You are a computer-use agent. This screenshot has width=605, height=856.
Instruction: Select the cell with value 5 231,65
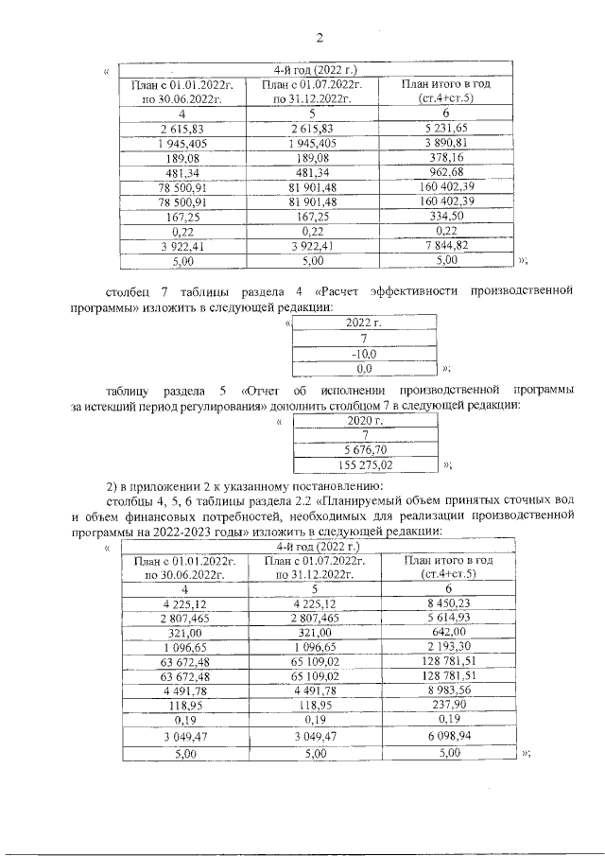[x=445, y=128]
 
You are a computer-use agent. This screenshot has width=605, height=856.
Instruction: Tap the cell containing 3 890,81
[x=445, y=143]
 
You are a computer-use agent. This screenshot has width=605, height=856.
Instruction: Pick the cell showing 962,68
[x=445, y=172]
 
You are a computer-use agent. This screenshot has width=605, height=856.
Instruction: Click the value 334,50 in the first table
[x=445, y=216]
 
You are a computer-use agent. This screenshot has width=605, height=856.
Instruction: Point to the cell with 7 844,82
[x=445, y=245]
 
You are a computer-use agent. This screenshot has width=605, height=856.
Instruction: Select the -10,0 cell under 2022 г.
[x=364, y=353]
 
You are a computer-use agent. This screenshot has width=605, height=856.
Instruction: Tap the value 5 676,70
[x=364, y=450]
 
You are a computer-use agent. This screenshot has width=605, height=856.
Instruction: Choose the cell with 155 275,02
[x=364, y=464]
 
